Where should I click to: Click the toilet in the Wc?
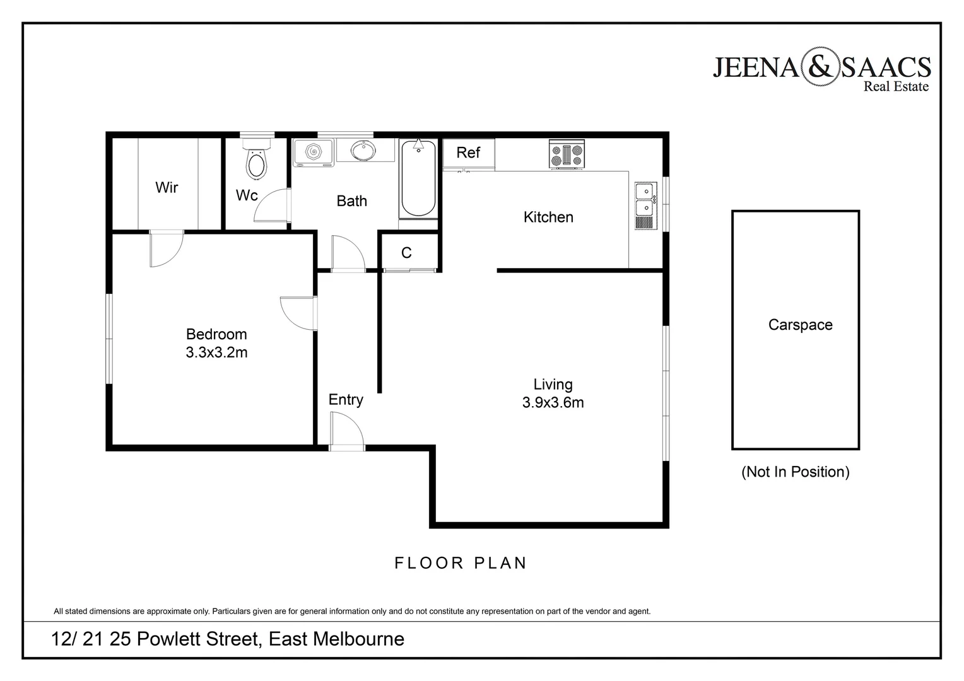click(x=256, y=163)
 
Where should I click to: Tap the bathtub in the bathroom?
click(x=418, y=179)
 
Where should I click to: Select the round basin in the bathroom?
click(x=363, y=151)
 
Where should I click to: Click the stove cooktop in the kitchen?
click(x=567, y=154)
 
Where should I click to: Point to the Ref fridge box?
click(x=468, y=153)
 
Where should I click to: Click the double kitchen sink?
click(x=644, y=206)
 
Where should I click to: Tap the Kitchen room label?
click(x=548, y=218)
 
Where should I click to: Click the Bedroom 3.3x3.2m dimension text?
click(x=216, y=352)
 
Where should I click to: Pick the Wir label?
click(x=167, y=188)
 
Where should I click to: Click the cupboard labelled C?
click(x=407, y=253)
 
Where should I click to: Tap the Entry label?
click(x=346, y=400)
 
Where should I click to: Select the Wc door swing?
click(x=271, y=206)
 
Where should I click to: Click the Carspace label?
click(x=800, y=325)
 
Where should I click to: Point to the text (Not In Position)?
click(x=795, y=472)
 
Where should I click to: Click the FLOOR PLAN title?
click(x=461, y=563)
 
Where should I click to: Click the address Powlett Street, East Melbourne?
click(x=227, y=639)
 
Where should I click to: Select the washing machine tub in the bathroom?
click(x=314, y=152)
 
